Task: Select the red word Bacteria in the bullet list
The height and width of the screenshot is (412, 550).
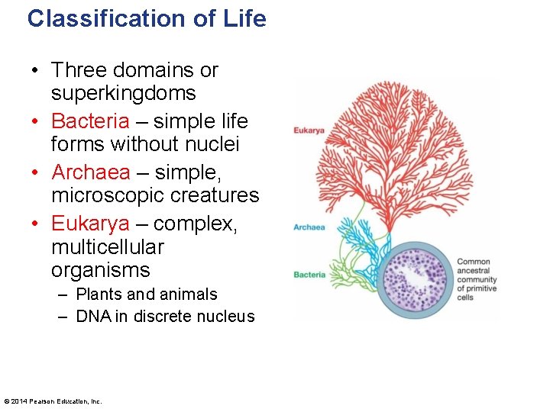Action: coord(90,121)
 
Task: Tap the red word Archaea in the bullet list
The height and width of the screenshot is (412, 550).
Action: coord(91,172)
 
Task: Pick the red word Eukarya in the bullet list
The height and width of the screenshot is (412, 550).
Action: coord(90,224)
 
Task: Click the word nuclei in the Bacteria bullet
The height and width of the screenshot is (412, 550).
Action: coord(214,143)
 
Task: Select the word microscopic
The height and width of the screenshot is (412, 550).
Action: coord(105,195)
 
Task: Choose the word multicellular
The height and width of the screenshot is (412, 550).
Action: coord(108,247)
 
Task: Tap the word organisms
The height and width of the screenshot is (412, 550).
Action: coord(101,270)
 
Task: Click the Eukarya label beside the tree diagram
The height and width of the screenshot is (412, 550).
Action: coord(309,130)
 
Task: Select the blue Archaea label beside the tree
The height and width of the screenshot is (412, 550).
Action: coord(309,227)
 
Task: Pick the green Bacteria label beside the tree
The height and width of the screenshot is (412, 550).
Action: coord(309,275)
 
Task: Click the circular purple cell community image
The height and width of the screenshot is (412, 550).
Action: coord(416,280)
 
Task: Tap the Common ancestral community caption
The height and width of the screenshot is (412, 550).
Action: coord(477,279)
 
